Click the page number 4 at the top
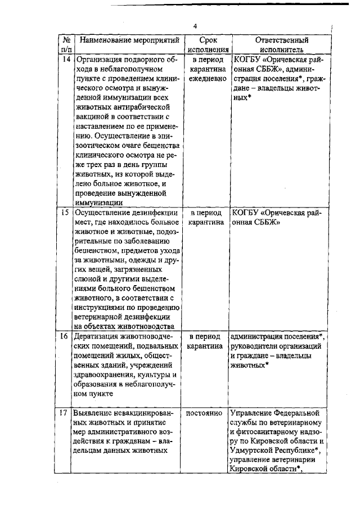[x=195, y=26]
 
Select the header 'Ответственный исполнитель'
[x=281, y=45]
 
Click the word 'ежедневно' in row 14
[x=208, y=79]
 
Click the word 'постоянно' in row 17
[x=206, y=413]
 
